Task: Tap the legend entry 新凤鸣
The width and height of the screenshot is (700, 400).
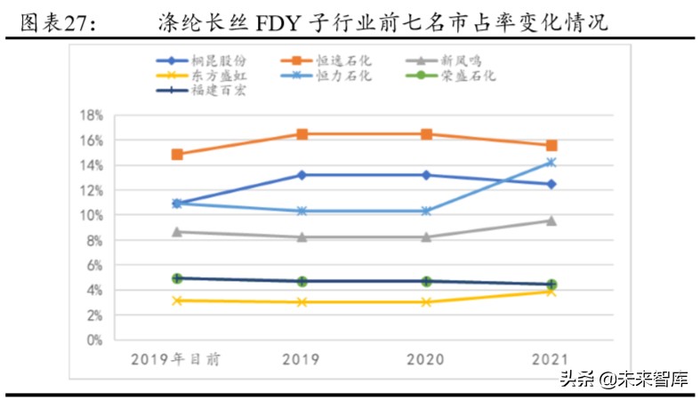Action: click(x=462, y=61)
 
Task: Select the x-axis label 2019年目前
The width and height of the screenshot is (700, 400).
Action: click(x=177, y=359)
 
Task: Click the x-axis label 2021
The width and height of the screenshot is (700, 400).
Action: click(x=551, y=359)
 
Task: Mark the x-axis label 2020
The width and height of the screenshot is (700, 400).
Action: click(x=426, y=359)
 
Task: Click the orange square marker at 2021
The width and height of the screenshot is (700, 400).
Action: click(x=551, y=145)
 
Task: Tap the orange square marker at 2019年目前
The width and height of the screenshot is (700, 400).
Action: click(x=177, y=154)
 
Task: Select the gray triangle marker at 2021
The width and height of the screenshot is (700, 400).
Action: click(x=551, y=220)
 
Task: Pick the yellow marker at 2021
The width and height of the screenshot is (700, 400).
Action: click(x=551, y=292)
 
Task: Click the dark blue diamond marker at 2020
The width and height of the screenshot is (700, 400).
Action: click(x=426, y=175)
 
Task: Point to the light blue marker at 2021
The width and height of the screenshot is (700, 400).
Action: click(x=551, y=162)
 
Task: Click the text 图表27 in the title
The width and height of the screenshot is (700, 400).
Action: click(x=55, y=24)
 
